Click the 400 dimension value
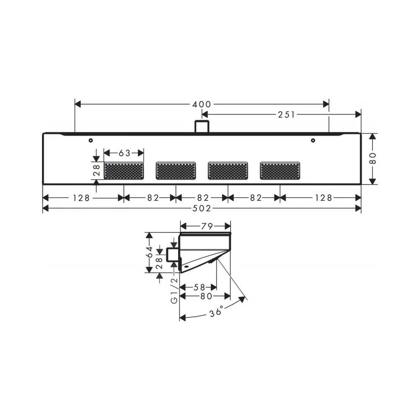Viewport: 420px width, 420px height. tap(202, 104)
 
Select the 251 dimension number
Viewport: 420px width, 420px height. tap(286, 115)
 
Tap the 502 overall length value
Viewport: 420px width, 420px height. tap(202, 208)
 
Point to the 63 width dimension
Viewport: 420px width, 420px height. tap(125, 153)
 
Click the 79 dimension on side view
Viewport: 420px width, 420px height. tap(207, 226)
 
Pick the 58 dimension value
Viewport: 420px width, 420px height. tap(199, 287)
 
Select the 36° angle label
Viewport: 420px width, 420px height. tap(216, 312)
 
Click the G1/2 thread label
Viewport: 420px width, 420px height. tap(174, 291)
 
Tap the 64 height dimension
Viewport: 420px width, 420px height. tap(149, 252)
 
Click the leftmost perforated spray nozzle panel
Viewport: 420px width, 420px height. tap(124, 171)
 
